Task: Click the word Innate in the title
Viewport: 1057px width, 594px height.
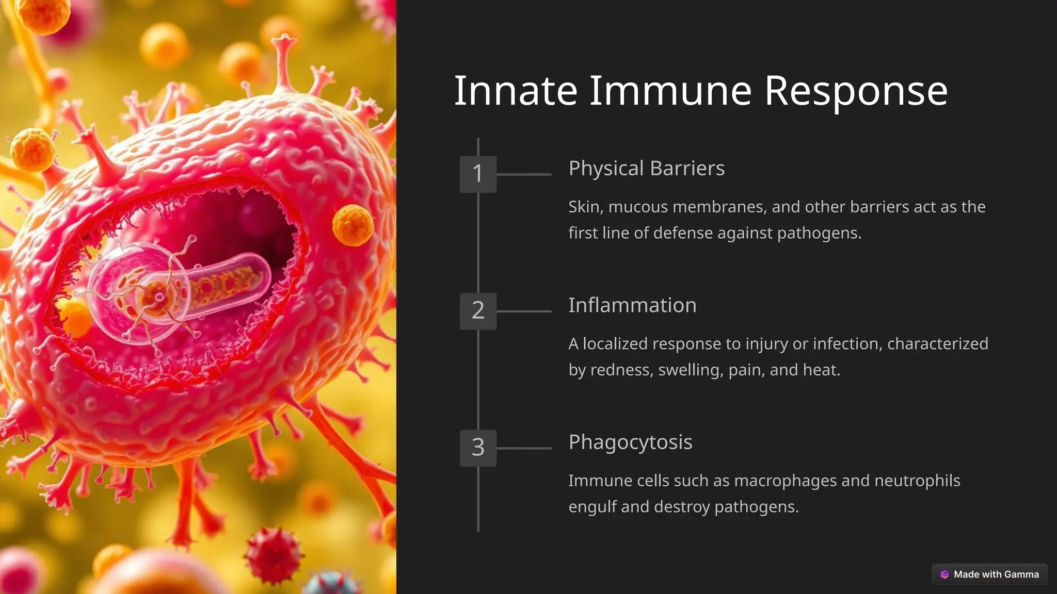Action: (x=515, y=91)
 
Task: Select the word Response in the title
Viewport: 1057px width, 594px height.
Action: (x=856, y=91)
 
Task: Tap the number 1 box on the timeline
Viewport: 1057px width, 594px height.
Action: (x=478, y=174)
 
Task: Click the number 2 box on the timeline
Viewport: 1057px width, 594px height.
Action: (x=478, y=311)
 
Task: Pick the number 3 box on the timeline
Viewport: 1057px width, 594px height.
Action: (x=478, y=448)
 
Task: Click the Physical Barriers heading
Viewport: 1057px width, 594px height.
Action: (x=646, y=169)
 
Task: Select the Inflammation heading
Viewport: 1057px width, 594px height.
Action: (x=632, y=305)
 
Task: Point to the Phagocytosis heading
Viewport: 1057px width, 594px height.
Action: (x=630, y=442)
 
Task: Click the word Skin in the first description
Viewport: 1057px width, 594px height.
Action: (x=585, y=207)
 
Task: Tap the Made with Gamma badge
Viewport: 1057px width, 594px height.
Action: (x=989, y=574)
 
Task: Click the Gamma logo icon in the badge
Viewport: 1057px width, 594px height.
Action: (x=944, y=574)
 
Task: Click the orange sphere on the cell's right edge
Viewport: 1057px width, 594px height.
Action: (x=353, y=225)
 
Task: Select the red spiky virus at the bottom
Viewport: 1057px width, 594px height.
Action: (x=273, y=554)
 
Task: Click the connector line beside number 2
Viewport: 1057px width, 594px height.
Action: (x=524, y=311)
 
